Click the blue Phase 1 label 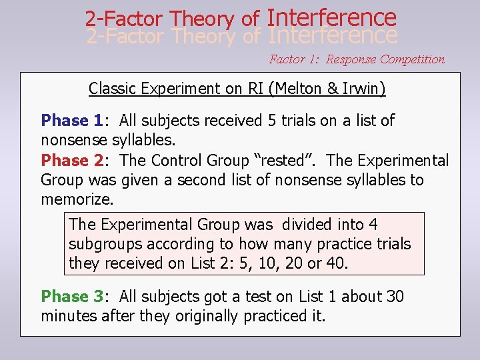pyautogui.click(x=71, y=121)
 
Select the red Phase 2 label pyautogui.click(x=71, y=161)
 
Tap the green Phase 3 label pyautogui.click(x=71, y=297)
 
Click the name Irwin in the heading pyautogui.click(x=361, y=88)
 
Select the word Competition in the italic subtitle pyautogui.click(x=412, y=59)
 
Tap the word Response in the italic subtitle pyautogui.click(x=351, y=59)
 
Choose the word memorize pyautogui.click(x=77, y=199)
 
